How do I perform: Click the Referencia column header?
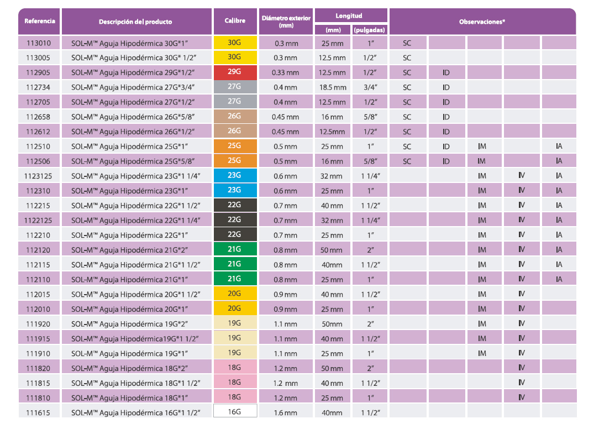40,21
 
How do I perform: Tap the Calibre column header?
235,20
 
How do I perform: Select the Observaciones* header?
482,22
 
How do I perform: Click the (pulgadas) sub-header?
370,30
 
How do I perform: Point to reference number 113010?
38,43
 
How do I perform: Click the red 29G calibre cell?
235,72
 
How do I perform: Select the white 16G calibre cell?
235,411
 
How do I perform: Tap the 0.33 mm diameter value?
285,72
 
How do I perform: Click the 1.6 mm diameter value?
285,412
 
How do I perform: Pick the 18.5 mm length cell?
333,87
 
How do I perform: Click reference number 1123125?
38,176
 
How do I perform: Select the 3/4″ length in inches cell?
370,87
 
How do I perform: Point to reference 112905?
38,72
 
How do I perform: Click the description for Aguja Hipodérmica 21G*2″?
129,250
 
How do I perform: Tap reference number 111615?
38,413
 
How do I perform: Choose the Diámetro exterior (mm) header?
286,22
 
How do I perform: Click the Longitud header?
349,15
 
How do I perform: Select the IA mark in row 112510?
559,146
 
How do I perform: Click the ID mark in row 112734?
446,87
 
